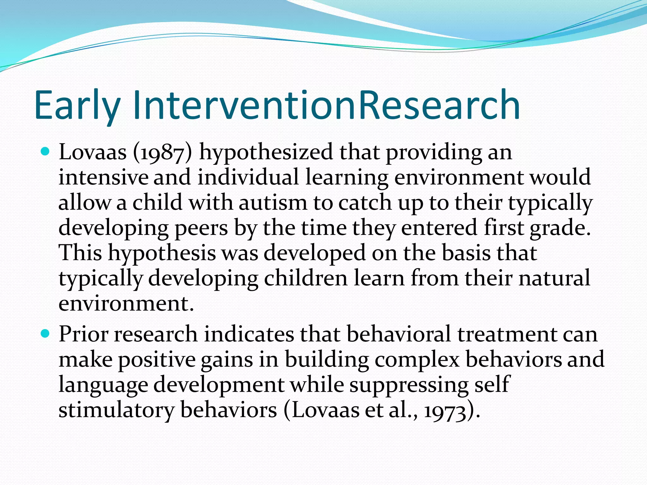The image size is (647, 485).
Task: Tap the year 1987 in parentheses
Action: pos(163,153)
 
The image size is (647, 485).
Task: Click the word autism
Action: pos(272,202)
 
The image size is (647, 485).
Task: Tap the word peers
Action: pos(201,228)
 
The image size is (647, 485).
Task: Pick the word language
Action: pos(103,385)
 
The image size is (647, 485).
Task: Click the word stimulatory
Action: pos(116,410)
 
